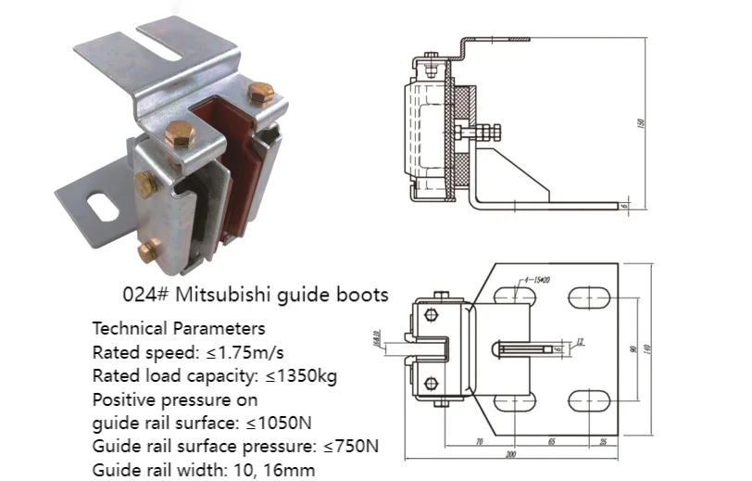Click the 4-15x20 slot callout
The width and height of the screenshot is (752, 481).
click(x=536, y=278)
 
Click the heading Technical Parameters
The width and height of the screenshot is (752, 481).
click(x=179, y=328)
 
